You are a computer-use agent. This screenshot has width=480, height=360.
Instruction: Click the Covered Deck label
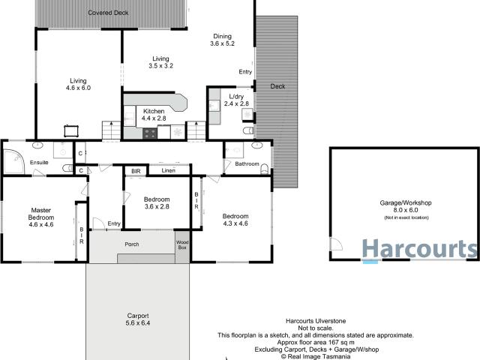(108, 13)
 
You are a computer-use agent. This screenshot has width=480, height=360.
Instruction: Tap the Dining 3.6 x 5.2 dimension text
(222, 43)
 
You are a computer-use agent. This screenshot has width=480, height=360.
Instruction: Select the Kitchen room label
(154, 111)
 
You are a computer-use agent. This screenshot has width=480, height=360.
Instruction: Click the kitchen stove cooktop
(150, 133)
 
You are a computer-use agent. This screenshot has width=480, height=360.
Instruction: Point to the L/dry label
(236, 97)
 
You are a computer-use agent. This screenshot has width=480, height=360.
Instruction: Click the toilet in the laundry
(248, 130)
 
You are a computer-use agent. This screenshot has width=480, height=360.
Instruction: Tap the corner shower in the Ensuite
(13, 161)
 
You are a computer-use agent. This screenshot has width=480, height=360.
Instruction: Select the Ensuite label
(39, 162)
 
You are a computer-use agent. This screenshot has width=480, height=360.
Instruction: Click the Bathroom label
(247, 163)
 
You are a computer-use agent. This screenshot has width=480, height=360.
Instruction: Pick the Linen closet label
(168, 170)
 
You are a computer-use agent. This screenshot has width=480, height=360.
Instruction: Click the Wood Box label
(182, 245)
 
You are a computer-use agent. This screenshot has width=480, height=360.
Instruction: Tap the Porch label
(132, 244)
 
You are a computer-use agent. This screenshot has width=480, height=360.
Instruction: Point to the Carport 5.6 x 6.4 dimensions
(138, 323)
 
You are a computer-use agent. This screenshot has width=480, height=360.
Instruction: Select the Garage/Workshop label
(406, 202)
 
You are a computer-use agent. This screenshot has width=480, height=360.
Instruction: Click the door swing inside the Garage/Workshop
(336, 244)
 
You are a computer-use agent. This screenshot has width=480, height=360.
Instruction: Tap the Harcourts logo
(420, 248)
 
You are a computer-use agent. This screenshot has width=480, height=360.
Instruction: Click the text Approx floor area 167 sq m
(316, 342)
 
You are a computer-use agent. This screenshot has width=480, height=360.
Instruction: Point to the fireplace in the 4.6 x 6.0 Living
(71, 131)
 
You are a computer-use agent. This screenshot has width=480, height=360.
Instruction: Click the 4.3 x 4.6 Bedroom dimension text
(235, 223)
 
